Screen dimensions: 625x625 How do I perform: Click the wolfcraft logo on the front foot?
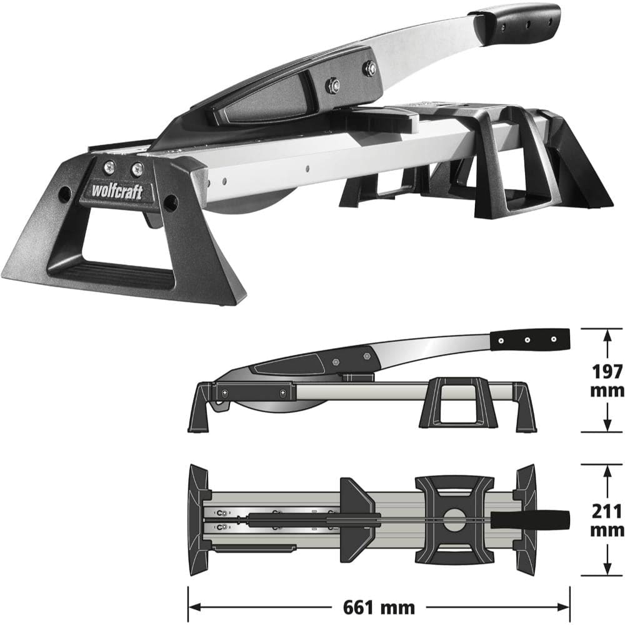tap(117, 191)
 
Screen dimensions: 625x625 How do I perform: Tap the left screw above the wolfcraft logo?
tap(109, 167)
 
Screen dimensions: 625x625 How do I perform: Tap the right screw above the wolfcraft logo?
tap(137, 169)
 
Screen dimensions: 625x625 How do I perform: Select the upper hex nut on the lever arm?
tap(371, 67)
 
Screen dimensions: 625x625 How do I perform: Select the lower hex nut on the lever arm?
tap(333, 85)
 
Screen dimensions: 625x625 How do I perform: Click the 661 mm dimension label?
tap(379, 607)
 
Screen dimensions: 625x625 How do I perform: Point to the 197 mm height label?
tap(607, 381)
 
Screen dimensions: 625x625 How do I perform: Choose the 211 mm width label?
tap(607, 521)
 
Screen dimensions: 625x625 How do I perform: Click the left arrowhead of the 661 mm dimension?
tap(194, 607)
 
